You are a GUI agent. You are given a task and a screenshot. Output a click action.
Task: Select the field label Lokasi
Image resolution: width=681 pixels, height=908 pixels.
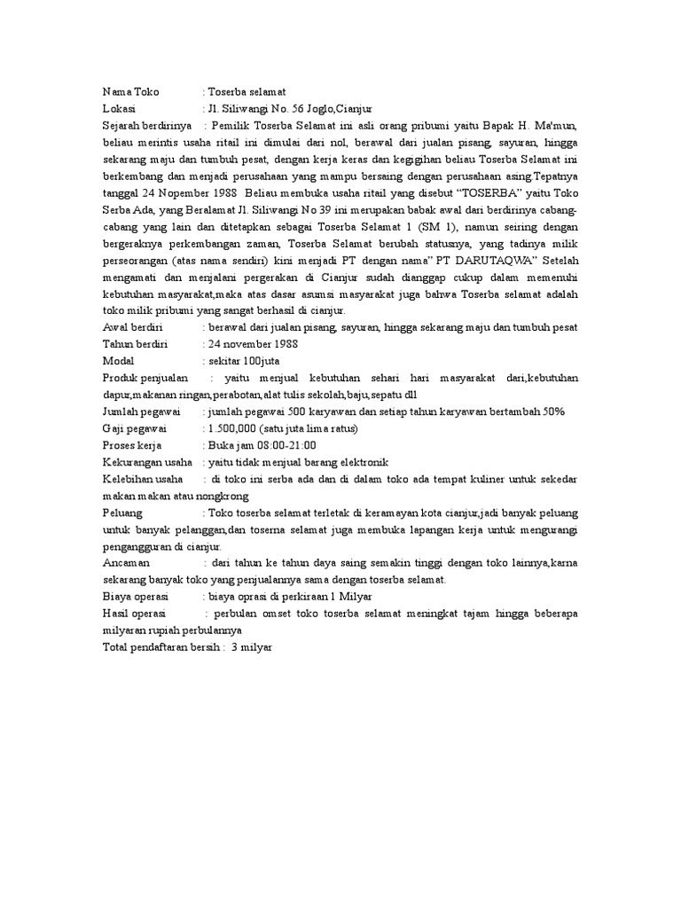[x=119, y=108]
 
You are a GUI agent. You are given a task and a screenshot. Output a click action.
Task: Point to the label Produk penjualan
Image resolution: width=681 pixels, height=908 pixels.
[x=145, y=379]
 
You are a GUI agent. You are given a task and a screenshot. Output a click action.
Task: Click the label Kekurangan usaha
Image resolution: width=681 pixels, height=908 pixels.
[x=147, y=463]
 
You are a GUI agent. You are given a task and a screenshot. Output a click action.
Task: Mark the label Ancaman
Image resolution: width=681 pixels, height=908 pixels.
[x=126, y=564]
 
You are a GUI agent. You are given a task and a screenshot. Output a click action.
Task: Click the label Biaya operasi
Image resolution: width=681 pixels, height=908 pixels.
[x=135, y=598]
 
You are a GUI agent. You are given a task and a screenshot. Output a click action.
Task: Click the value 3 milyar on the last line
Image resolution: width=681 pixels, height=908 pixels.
[x=252, y=648]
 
